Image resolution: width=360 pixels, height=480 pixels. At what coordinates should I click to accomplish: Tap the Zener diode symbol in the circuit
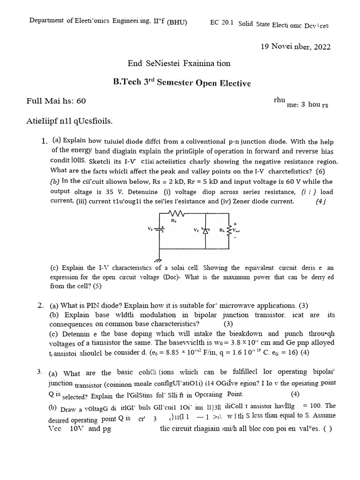(205, 230)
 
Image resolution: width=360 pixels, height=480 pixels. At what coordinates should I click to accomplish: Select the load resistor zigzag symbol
(229, 230)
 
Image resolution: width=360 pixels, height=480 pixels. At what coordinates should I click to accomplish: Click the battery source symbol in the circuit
(162, 230)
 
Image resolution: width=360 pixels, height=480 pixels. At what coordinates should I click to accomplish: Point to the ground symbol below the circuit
(158, 260)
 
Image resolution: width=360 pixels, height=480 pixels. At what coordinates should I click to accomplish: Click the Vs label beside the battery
(150, 229)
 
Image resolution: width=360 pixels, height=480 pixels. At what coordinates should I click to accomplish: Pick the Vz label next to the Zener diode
(196, 230)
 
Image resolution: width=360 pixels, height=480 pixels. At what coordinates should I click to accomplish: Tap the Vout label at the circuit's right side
(236, 231)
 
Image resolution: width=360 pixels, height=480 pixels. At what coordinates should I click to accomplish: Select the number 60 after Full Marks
(81, 100)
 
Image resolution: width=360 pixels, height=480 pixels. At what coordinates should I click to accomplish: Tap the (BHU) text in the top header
(177, 22)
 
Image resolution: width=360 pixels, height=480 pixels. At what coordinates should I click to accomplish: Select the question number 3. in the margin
(40, 372)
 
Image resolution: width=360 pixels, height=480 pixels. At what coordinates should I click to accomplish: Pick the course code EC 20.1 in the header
(221, 22)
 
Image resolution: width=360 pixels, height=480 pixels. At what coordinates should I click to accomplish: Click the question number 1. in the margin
(45, 141)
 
